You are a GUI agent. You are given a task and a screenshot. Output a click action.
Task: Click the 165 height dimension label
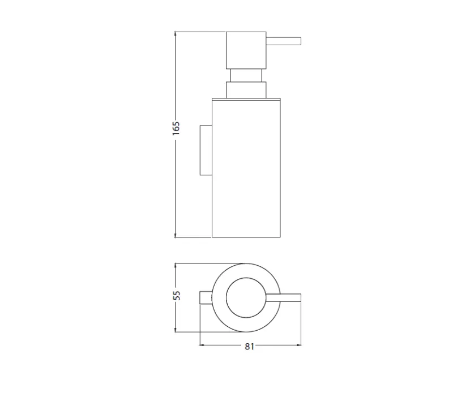pyautogui.click(x=176, y=128)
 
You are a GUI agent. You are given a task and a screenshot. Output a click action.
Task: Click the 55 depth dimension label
pyautogui.click(x=176, y=296)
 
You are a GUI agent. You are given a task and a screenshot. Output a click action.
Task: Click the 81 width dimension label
pyautogui.click(x=249, y=347)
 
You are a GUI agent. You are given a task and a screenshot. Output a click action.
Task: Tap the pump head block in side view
pyautogui.click(x=246, y=50)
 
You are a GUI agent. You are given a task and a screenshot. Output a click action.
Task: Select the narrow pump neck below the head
pyautogui.click(x=246, y=76)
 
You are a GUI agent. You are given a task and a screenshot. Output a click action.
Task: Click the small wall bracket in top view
pyautogui.click(x=205, y=297)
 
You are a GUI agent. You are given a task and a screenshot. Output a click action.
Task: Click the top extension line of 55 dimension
pyautogui.click(x=210, y=263)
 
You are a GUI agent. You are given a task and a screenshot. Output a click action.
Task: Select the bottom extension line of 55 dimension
pyautogui.click(x=210, y=331)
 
